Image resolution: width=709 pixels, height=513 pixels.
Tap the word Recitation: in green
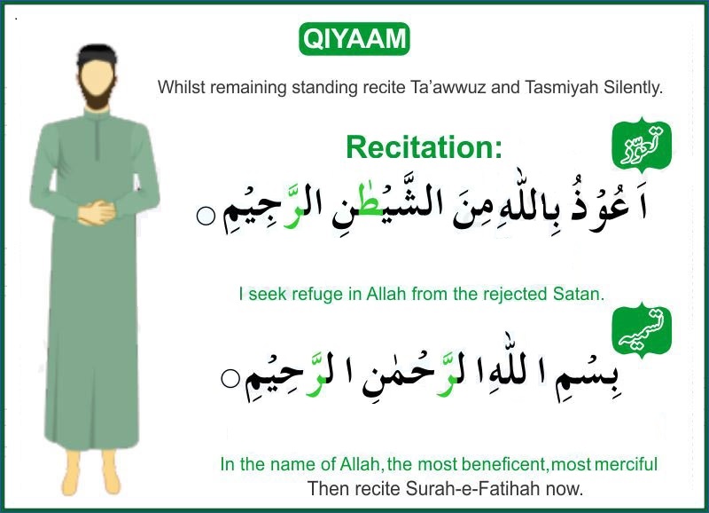tap(425, 146)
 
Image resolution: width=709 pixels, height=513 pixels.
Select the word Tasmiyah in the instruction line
tap(534, 88)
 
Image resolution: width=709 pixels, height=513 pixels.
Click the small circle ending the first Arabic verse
tap(206, 217)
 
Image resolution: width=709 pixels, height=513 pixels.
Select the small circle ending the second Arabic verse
tap(230, 379)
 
